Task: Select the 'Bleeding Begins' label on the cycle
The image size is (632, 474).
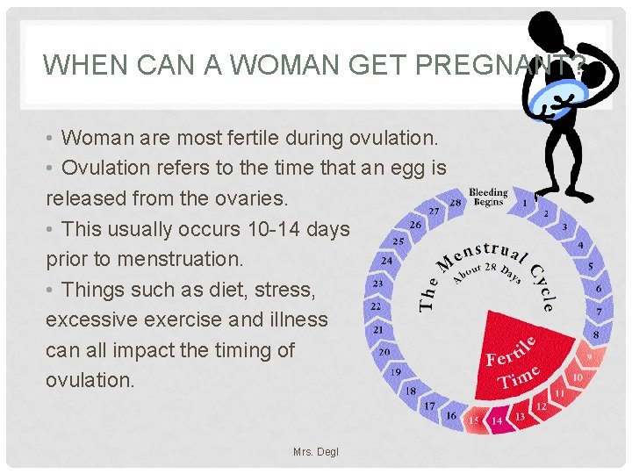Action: click(488, 197)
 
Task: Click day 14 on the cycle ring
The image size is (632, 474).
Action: click(497, 420)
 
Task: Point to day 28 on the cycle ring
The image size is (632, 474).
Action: click(456, 203)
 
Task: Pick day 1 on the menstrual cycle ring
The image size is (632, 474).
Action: click(525, 203)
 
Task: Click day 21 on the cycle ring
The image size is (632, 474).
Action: click(379, 329)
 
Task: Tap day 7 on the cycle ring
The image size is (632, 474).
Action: click(599, 312)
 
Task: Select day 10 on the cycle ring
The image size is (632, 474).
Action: click(577, 377)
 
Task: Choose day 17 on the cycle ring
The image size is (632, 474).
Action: click(429, 406)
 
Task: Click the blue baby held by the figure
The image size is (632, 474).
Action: click(562, 92)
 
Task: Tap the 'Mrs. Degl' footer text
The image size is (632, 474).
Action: click(316, 452)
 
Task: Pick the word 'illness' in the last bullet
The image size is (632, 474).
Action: click(297, 320)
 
